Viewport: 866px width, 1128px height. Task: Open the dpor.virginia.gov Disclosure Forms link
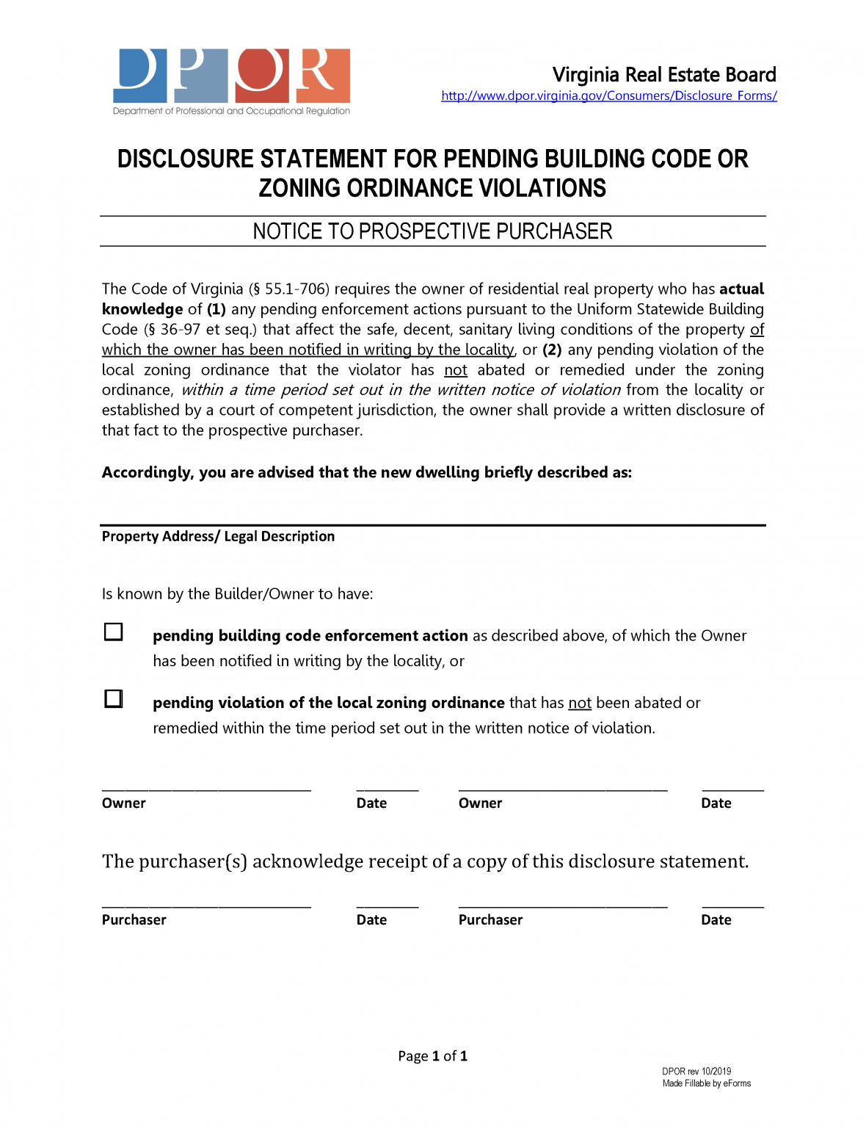coord(608,95)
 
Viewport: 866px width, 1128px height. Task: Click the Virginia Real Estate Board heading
coord(663,75)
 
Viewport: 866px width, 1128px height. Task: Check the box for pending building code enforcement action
coord(114,632)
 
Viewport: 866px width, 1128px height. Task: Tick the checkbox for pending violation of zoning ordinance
coord(114,698)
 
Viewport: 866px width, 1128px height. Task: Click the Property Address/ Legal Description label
coord(218,536)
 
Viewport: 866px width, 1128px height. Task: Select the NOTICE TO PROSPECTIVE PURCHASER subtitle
coord(432,231)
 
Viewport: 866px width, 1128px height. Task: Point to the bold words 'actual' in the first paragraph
coord(741,289)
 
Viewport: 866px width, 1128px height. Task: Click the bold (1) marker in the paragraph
coord(216,309)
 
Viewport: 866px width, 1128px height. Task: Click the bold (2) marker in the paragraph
coord(552,350)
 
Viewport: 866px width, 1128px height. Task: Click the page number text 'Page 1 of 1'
coord(432,1056)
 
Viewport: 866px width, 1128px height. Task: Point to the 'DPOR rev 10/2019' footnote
coord(696,1071)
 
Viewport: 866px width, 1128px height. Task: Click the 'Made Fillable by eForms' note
coord(706,1083)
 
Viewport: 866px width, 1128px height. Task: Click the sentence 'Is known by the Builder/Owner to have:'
coord(237,593)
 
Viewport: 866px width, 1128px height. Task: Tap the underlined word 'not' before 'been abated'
coord(580,703)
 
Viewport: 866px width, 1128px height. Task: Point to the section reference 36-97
coord(181,330)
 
